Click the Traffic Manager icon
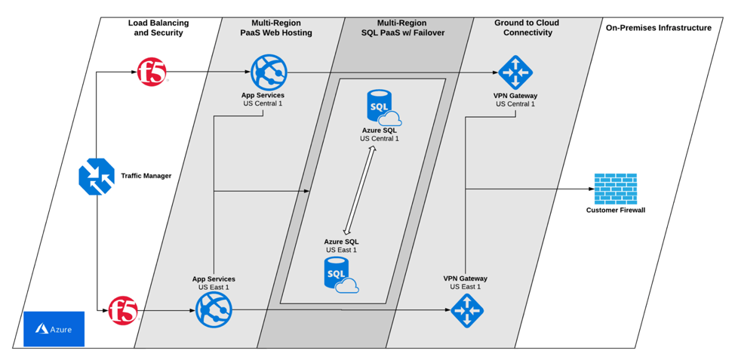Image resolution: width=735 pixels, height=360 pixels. tap(97, 177)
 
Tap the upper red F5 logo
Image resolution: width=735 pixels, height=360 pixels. tap(152, 72)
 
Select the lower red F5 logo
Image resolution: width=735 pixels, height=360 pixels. tap(123, 310)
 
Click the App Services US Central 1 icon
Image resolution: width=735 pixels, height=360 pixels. tap(269, 72)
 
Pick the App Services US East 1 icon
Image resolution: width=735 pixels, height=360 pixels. tap(214, 309)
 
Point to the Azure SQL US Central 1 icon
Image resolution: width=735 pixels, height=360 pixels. tap(383, 108)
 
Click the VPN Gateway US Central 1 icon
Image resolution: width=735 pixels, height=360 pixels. tap(515, 72)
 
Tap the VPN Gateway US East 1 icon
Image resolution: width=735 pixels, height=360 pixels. tap(467, 310)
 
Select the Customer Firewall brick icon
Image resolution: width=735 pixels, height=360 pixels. tap(615, 189)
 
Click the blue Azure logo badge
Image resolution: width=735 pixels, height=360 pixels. tap(54, 329)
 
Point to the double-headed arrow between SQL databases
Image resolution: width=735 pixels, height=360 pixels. tap(360, 190)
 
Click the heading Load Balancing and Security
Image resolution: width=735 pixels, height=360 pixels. tap(158, 28)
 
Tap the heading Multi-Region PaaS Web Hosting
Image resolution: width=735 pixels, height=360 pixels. tap(276, 28)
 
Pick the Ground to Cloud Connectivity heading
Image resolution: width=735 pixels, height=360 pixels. tap(527, 28)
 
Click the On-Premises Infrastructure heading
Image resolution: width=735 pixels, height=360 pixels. tap(659, 28)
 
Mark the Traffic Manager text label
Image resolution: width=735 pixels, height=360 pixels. tap(146, 176)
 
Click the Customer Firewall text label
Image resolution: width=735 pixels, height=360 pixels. tap(616, 211)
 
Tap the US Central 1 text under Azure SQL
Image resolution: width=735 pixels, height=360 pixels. tap(380, 139)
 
